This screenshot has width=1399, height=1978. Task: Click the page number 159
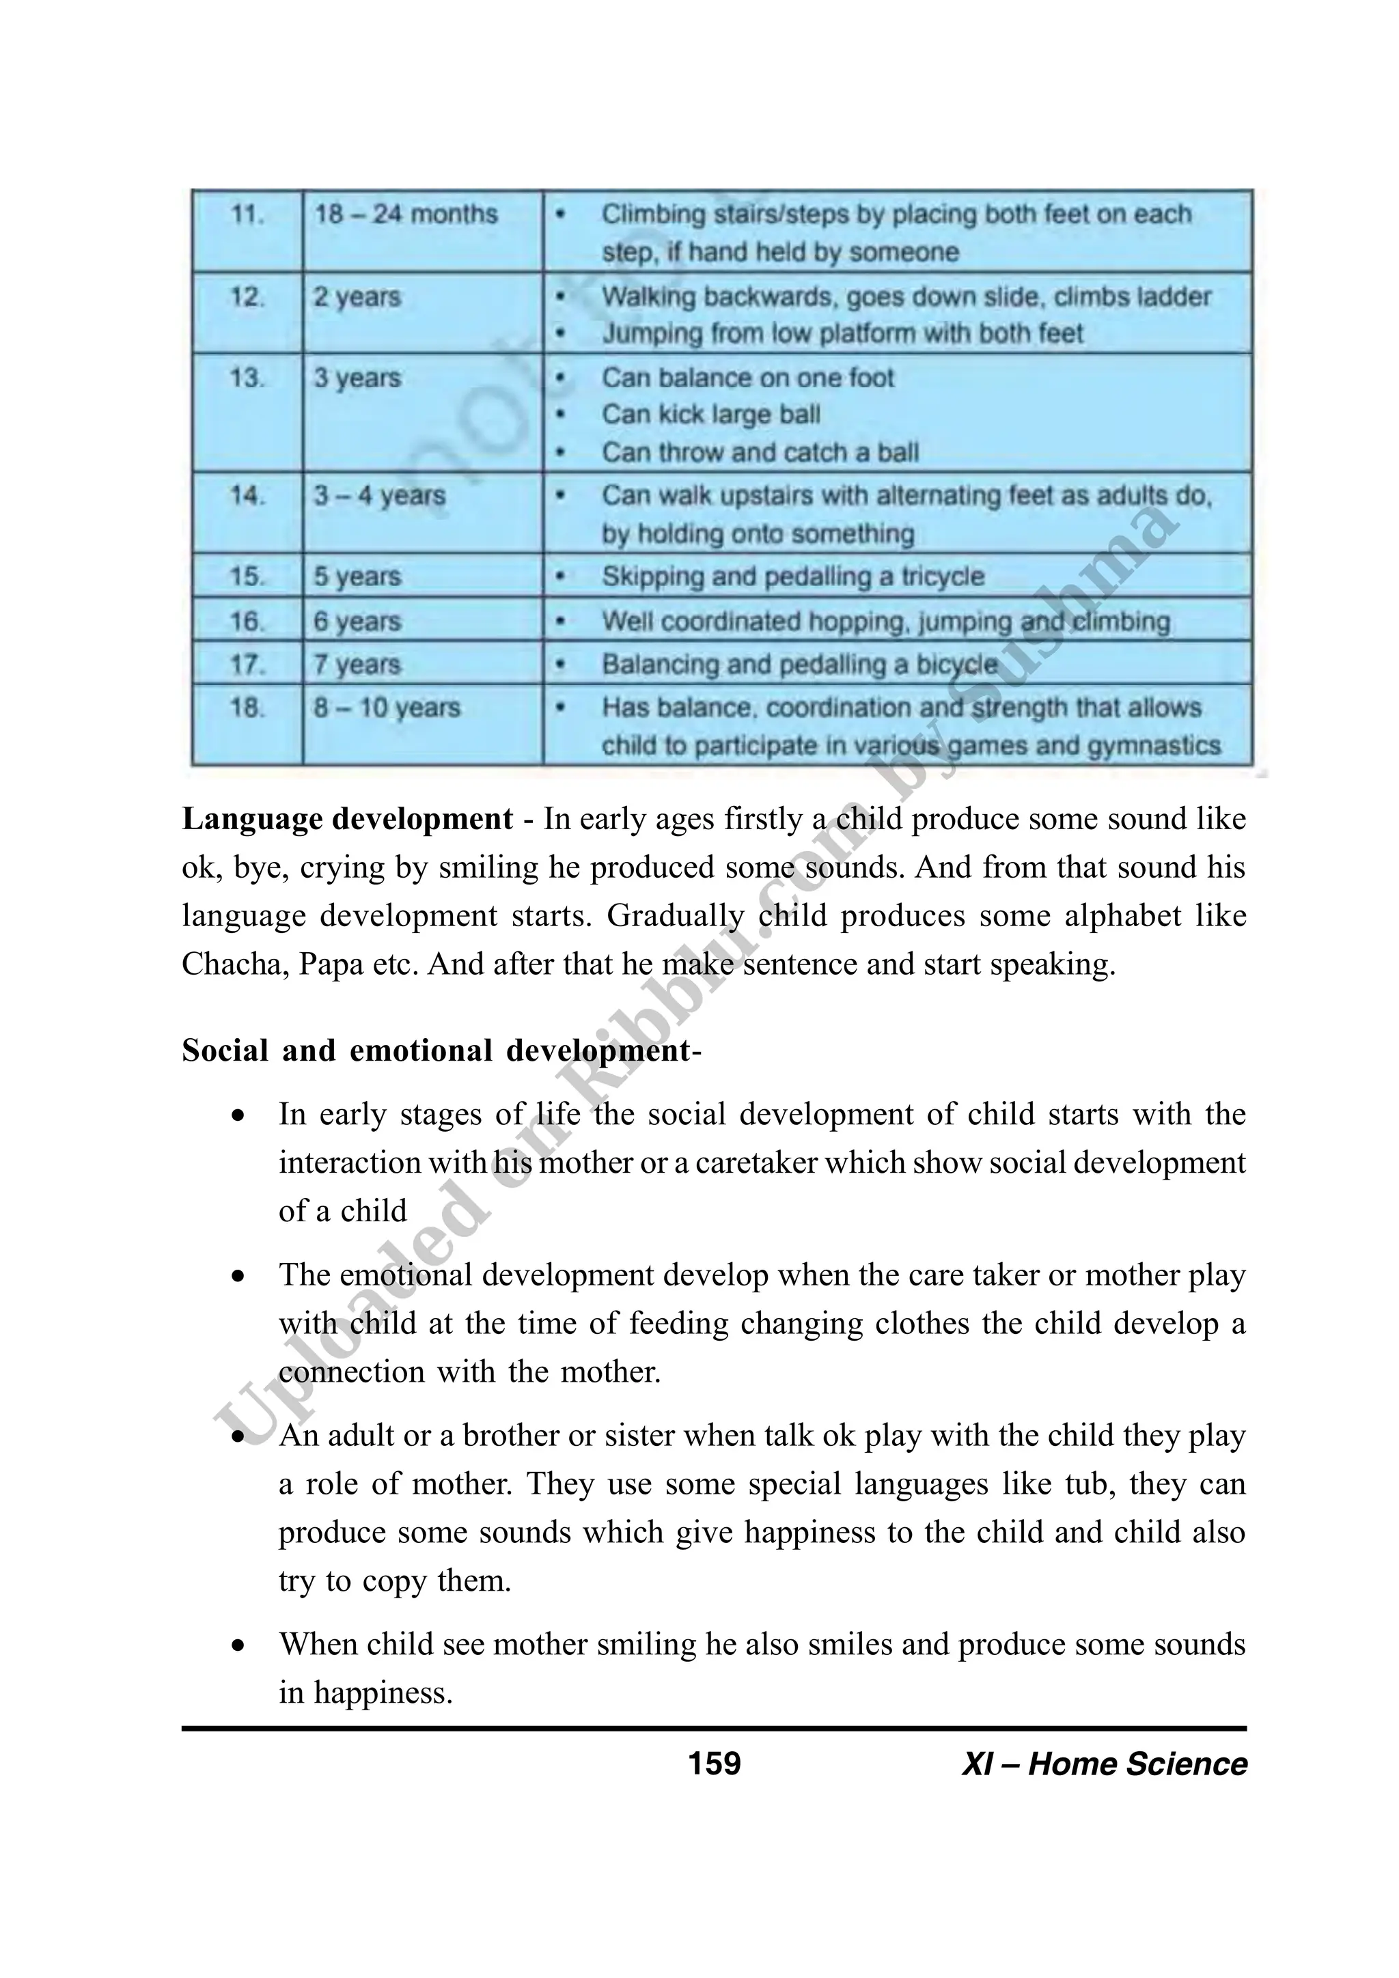[x=714, y=1764]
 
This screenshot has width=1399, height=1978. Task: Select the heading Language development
[x=347, y=818]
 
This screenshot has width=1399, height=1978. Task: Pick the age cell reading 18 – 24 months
[x=406, y=214]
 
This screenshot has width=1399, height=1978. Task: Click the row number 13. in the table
[x=247, y=378]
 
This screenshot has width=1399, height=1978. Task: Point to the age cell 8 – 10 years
[x=387, y=708]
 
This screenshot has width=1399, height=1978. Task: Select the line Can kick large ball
[x=710, y=415]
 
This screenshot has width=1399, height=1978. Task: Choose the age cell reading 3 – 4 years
[x=379, y=497]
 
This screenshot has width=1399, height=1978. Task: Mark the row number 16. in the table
[x=247, y=621]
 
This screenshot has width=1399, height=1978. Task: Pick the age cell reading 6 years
[x=357, y=621]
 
